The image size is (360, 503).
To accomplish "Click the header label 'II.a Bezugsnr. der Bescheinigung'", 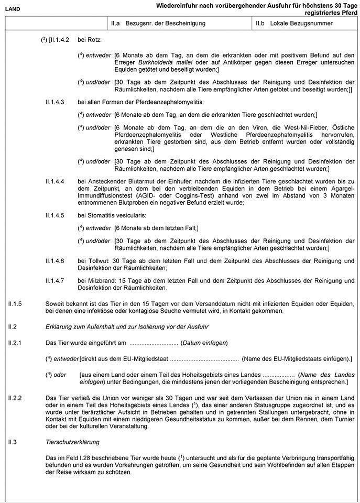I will [158, 24].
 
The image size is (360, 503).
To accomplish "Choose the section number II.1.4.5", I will [55, 215].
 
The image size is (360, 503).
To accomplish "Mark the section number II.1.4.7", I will [55, 280].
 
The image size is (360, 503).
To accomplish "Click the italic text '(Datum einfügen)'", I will [204, 343].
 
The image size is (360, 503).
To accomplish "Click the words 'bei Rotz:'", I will [89, 40].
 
